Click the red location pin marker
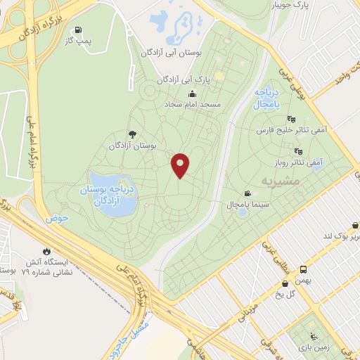(x=181, y=166)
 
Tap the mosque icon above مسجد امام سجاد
(x=192, y=94)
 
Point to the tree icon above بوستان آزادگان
(x=131, y=134)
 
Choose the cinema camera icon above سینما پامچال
(x=247, y=193)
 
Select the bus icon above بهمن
(x=303, y=270)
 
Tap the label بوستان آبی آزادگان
(x=172, y=53)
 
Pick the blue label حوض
(x=57, y=218)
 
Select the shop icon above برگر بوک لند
(x=355, y=225)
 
